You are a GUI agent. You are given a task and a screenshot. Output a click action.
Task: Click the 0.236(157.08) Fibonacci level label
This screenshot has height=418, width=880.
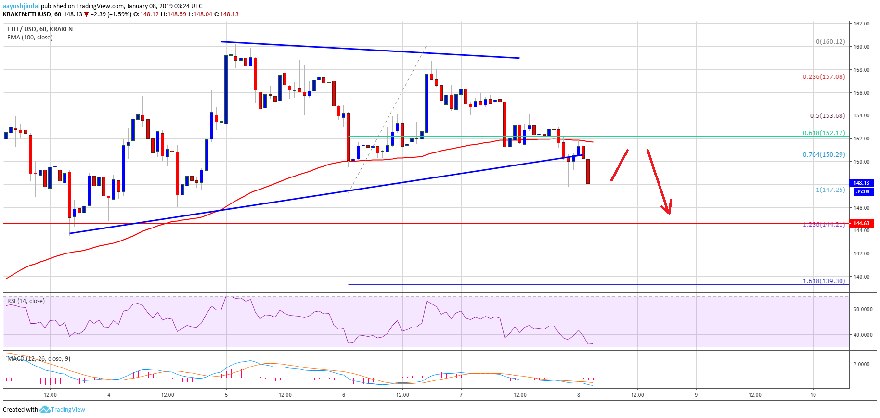[x=823, y=77]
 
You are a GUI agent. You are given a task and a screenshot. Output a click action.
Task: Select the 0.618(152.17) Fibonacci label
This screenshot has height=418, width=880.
[x=823, y=133]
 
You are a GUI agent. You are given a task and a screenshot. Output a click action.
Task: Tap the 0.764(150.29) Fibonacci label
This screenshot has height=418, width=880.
[x=823, y=155]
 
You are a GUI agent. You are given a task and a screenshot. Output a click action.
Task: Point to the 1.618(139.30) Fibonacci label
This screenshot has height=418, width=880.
[x=823, y=281]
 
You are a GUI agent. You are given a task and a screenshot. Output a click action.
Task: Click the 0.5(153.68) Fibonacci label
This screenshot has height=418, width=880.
[x=827, y=116]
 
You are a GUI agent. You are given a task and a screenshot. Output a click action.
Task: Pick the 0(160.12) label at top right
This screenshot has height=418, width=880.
[x=830, y=42]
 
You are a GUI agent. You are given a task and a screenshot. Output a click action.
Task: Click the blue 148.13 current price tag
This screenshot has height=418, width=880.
[x=861, y=183]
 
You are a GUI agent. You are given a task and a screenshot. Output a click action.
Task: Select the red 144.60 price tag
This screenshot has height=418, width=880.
[x=861, y=223]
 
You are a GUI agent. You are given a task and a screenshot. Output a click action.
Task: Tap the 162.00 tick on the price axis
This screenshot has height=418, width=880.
[x=861, y=24]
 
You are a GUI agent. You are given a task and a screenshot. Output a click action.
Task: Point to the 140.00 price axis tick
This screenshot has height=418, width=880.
[x=861, y=277]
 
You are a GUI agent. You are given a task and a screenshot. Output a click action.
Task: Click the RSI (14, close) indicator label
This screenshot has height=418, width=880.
[x=26, y=301]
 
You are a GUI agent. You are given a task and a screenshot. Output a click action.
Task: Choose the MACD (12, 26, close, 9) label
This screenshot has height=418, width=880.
[x=39, y=359]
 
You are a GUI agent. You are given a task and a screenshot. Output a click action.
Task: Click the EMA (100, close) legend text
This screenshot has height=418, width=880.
[x=30, y=38]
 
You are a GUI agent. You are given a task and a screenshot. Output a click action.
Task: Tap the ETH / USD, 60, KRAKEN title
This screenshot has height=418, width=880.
[x=40, y=29]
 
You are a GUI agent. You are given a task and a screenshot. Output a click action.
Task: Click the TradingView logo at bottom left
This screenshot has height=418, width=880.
[x=63, y=410]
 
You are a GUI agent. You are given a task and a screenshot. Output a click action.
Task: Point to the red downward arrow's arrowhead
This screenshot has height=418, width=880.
[x=667, y=211]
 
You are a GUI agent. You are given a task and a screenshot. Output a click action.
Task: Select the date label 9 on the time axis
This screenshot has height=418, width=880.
[x=696, y=395]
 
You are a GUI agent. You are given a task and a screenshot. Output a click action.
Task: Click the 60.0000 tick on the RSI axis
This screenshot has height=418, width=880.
[x=862, y=310]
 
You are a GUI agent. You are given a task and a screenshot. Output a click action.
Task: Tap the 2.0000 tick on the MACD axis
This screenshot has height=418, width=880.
[x=861, y=364]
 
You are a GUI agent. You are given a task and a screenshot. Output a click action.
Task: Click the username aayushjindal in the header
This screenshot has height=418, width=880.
[x=21, y=6]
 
